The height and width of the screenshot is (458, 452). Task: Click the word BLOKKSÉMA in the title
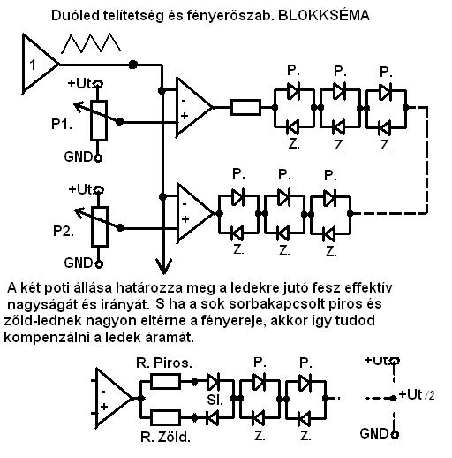323,15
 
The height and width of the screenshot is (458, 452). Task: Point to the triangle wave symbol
91,43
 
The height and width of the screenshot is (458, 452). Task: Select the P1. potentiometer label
62,124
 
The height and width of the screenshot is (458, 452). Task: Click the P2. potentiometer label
64,231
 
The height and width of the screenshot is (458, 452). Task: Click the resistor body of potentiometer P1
99,120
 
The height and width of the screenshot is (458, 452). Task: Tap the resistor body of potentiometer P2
100,226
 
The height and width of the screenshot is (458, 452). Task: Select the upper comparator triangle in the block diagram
192,107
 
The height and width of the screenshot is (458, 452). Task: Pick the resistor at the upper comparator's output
245,107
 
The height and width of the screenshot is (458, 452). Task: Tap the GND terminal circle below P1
99,158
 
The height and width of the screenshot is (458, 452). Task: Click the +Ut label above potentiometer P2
80,189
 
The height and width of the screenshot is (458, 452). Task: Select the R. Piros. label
164,363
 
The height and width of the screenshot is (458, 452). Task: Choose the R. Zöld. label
165,438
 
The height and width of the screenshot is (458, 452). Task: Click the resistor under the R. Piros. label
165,382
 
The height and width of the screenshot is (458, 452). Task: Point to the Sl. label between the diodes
215,400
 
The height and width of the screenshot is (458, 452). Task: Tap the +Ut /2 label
417,395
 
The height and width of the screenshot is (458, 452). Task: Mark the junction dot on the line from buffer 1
133,65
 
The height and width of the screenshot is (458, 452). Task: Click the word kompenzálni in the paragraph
46,338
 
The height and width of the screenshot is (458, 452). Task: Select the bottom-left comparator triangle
113,398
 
